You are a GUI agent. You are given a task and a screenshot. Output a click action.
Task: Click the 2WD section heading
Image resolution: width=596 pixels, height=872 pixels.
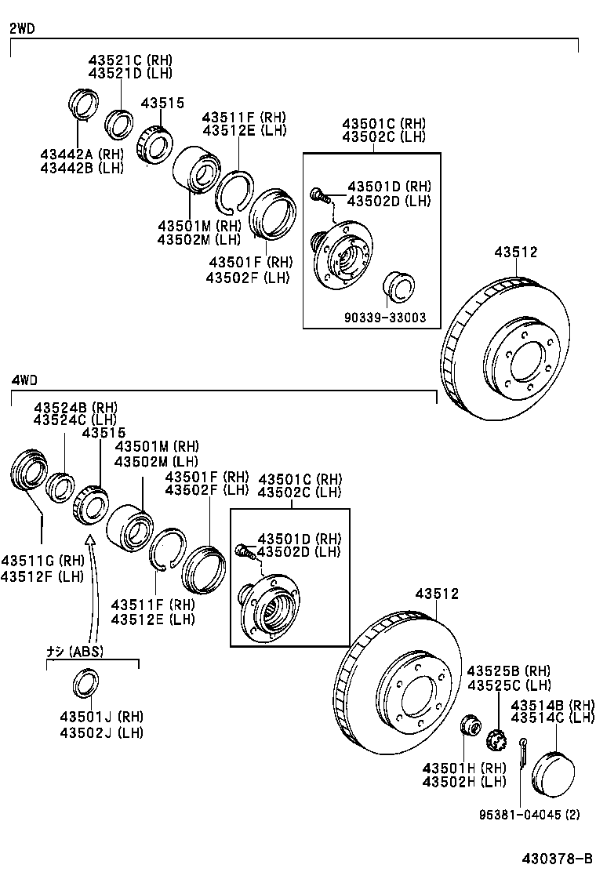22,29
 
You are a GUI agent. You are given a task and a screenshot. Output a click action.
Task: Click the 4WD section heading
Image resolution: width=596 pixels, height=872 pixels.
24,380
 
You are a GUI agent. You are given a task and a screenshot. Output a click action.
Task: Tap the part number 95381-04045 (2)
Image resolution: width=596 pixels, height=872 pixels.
530,815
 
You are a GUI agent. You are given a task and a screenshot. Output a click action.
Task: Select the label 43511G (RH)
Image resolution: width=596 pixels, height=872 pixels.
42,561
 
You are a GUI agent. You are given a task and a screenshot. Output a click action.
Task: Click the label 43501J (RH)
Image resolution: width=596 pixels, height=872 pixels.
101,717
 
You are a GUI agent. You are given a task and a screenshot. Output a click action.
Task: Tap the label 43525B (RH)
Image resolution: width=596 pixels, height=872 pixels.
509,671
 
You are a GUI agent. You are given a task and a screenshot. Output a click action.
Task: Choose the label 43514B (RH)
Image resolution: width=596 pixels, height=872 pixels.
553,706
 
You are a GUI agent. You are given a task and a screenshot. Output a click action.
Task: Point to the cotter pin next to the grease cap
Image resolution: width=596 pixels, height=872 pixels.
522,752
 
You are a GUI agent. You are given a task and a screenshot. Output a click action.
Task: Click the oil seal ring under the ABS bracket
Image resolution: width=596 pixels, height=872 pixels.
85,683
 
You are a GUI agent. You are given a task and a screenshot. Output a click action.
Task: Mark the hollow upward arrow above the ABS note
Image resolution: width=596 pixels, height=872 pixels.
90,540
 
